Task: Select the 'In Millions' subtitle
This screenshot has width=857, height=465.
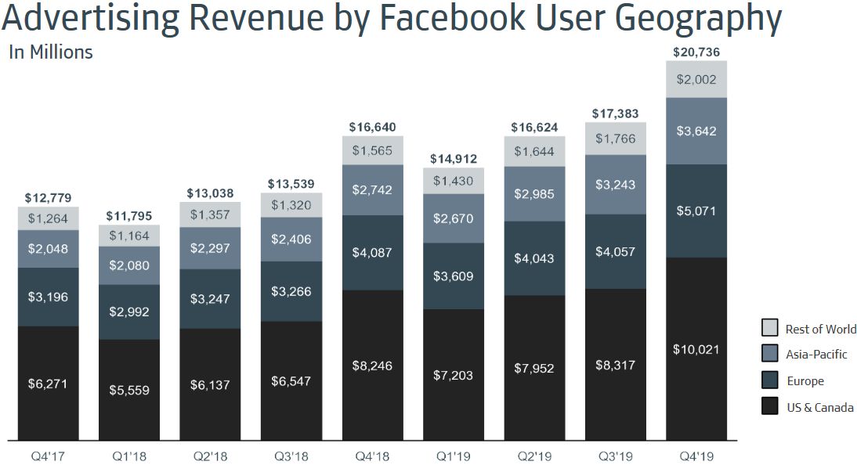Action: click(x=50, y=52)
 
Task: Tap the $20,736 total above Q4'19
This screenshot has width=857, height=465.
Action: click(x=696, y=52)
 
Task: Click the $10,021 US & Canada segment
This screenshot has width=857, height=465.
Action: click(x=696, y=349)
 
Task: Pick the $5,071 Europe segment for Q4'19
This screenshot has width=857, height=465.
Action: click(x=696, y=211)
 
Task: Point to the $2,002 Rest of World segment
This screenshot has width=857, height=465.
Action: click(x=696, y=79)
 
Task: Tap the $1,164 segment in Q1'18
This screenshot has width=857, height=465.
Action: click(x=129, y=236)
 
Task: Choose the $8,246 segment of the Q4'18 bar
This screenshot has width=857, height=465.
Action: click(x=372, y=365)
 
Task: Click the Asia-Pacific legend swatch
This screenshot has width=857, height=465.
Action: click(x=769, y=354)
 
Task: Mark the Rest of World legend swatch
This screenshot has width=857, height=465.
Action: click(x=769, y=328)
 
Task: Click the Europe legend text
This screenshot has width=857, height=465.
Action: click(x=805, y=381)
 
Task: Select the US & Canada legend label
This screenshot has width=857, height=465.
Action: click(x=819, y=407)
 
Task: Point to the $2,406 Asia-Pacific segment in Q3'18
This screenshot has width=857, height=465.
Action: click(x=291, y=239)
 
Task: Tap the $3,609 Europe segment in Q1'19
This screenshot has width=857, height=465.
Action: click(x=454, y=276)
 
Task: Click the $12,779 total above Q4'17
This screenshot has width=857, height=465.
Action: click(x=49, y=198)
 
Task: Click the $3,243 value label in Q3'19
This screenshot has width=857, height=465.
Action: click(x=616, y=185)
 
